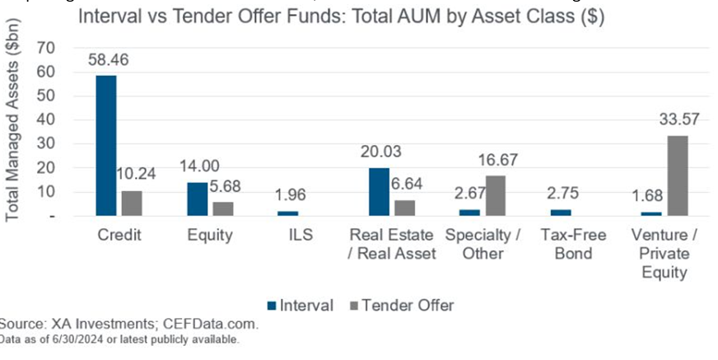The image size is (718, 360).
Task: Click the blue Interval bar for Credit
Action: [x=106, y=145]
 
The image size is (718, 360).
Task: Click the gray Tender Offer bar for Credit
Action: [x=130, y=203]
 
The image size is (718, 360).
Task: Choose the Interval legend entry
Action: [x=301, y=305]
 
